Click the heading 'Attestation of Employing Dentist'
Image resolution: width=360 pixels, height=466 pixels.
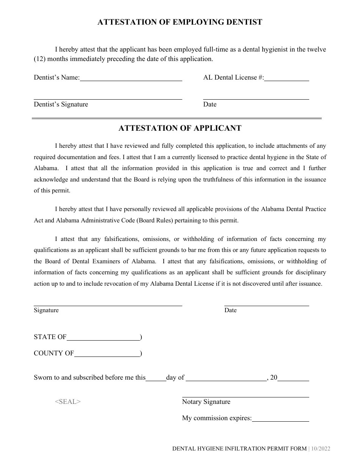180,22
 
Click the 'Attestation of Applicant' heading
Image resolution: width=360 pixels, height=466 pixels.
180,128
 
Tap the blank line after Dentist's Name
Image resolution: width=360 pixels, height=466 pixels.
131,78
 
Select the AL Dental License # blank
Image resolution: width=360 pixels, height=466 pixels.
287,78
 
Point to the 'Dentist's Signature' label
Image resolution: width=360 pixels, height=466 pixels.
61,105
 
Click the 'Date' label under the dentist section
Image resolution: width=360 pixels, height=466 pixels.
210,105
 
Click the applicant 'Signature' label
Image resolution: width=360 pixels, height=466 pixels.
46,310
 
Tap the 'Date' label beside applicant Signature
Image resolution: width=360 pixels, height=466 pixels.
230,310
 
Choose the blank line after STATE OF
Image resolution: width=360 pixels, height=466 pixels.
103,338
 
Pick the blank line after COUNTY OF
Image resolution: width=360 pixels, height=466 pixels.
107,354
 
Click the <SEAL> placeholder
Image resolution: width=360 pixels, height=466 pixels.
68,402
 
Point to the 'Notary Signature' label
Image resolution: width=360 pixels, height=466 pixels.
206,402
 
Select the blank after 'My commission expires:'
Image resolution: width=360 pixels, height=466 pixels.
280,419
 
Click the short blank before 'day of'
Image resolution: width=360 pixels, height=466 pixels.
156,378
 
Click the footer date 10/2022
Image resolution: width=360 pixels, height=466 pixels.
321,449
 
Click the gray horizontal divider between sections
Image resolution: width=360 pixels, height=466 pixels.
177,119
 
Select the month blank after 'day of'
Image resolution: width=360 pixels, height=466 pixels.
226,378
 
